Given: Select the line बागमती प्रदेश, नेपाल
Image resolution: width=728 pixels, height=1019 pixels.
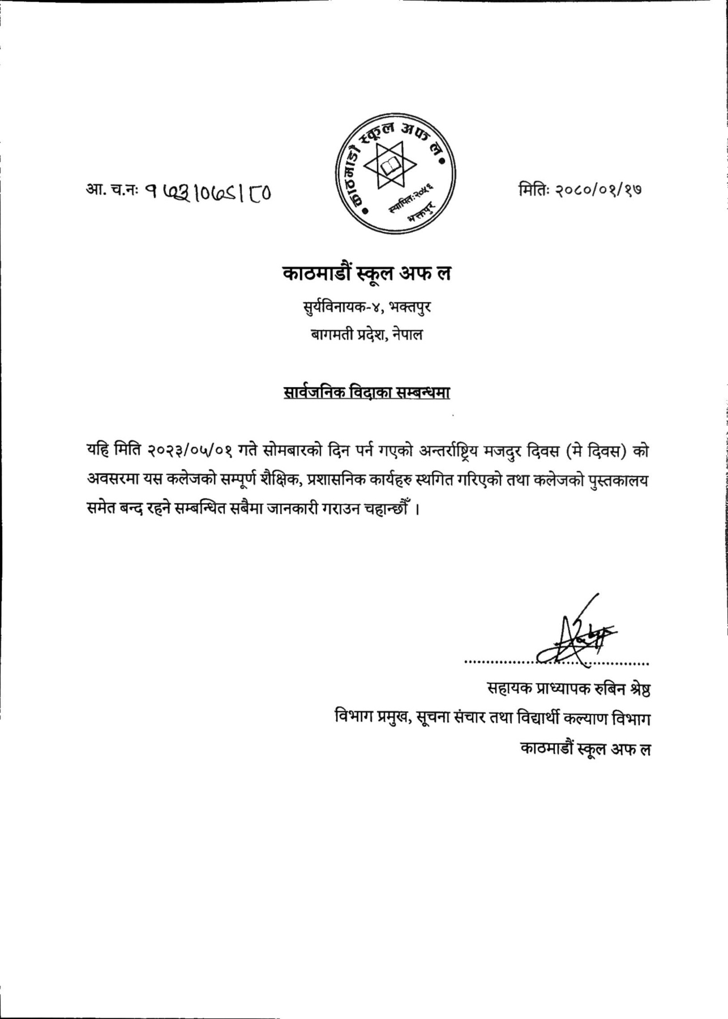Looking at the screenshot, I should (366, 335).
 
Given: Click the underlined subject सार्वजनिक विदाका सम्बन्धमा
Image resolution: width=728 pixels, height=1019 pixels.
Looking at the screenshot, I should (366, 392).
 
